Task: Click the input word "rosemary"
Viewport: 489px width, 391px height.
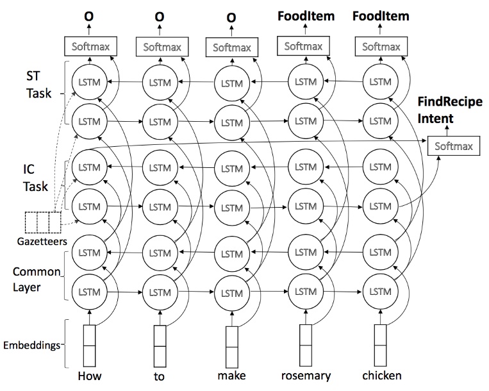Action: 306,376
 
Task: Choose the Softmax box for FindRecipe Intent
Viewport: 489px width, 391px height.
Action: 453,146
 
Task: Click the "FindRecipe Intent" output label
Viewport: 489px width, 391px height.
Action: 450,110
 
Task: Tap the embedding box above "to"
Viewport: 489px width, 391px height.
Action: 160,345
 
